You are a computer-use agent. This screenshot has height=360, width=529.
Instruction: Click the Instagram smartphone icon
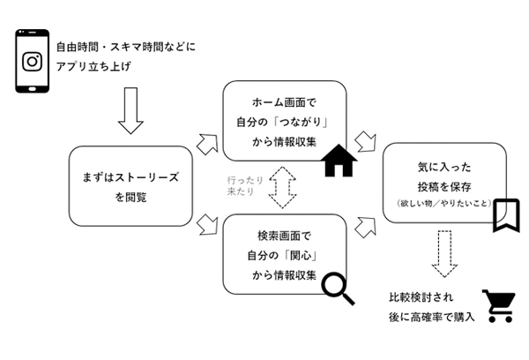[33, 61]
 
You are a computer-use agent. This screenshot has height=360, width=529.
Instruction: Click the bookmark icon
[505, 214]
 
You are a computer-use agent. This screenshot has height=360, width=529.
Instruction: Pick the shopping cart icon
[497, 305]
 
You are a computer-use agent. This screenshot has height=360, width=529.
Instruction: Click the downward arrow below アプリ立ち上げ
[130, 109]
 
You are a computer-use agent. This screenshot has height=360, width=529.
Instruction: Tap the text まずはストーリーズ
[130, 177]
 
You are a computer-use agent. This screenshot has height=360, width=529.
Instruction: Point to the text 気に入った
[443, 166]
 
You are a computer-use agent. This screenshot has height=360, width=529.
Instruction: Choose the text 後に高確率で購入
[432, 317]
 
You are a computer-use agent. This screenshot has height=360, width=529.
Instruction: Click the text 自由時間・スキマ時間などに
[124, 46]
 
